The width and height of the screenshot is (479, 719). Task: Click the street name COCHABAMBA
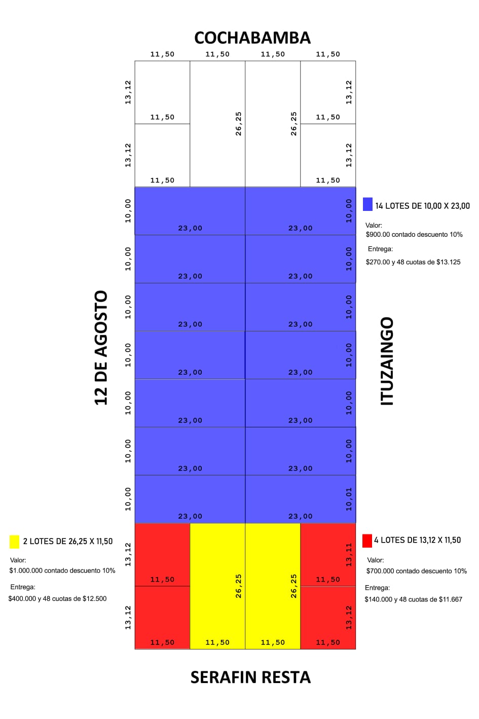coord(252,38)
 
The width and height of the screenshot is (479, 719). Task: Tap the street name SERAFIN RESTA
coord(250,677)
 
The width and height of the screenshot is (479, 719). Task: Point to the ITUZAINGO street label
coord(387,361)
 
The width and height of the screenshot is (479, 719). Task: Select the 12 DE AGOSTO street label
coord(101,347)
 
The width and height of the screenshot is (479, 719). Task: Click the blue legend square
coord(368,204)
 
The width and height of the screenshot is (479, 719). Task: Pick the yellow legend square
coord(14,542)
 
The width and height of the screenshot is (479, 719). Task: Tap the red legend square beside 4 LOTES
coord(367,541)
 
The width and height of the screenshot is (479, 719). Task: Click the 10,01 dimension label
coord(349,499)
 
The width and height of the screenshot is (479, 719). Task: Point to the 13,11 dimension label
coord(349,554)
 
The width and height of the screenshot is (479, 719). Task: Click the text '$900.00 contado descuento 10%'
coord(414,235)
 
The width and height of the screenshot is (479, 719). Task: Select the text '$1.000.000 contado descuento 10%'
coord(62,570)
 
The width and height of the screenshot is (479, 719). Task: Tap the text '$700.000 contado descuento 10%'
coord(417,571)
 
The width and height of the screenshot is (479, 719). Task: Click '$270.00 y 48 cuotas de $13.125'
coord(413,262)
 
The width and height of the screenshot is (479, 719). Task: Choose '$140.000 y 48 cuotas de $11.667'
coord(414,599)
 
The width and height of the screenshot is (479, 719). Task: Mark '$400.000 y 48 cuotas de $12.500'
coord(58,599)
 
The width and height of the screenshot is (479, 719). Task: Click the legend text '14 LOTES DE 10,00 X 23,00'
coord(422,206)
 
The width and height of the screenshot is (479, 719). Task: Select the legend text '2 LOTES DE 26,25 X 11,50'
coord(68,542)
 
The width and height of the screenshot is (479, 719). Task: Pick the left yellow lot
coord(217,583)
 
